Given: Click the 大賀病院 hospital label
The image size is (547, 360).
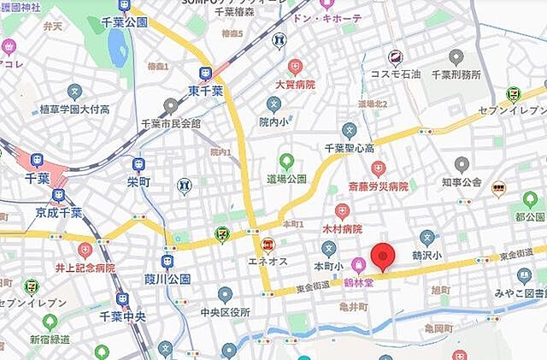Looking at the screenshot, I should pyautogui.click(x=294, y=85).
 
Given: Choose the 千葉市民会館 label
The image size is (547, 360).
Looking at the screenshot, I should pyautogui.click(x=171, y=123).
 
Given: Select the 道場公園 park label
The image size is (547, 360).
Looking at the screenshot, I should pyautogui.click(x=285, y=179).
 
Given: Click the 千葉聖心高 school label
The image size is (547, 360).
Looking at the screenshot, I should pyautogui.click(x=349, y=148).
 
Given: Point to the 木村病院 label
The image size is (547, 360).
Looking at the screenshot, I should pyautogui.click(x=341, y=229).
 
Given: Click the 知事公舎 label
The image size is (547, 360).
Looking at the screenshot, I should pyautogui.click(x=462, y=181).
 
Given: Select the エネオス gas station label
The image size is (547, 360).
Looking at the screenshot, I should pyautogui.click(x=268, y=260).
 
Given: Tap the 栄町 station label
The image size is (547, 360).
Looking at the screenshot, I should pyautogui.click(x=138, y=182).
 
